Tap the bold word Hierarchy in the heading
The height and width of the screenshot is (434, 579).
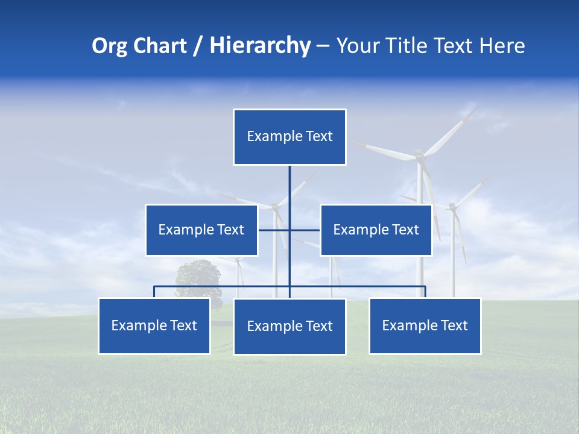pos(260,46)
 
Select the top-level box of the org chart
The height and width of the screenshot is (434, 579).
pos(289,137)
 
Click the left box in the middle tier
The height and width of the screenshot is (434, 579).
pos(201,230)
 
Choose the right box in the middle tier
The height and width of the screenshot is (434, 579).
pos(376,230)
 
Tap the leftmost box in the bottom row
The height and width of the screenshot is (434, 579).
pos(154,325)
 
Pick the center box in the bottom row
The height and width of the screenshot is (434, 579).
pos(289,326)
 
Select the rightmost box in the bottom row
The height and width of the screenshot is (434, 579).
pos(425,325)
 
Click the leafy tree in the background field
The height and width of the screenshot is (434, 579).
pos(197,278)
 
